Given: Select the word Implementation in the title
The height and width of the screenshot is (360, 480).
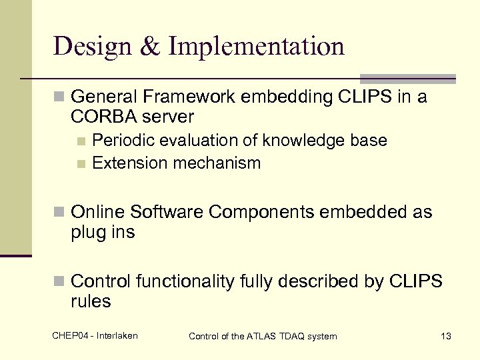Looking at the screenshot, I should point(257,47).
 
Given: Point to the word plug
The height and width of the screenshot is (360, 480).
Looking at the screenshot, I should point(87,233).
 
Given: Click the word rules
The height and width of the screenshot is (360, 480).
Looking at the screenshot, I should point(91,302).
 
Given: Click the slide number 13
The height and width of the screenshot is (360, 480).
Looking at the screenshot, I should point(446,336).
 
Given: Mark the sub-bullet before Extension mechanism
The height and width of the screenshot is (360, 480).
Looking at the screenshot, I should point(81,163).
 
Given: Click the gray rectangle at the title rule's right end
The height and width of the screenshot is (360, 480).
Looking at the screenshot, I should point(407,79).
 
